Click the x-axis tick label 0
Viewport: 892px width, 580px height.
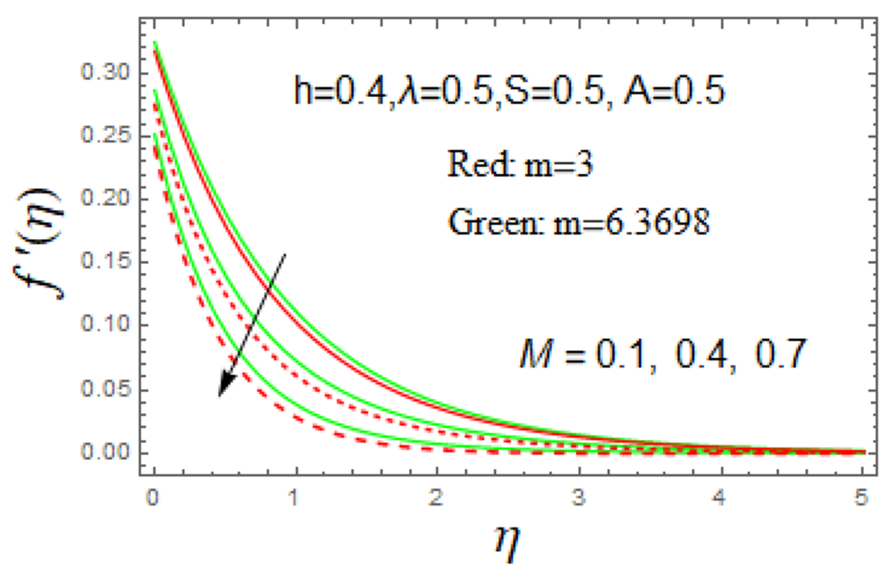[x=153, y=498]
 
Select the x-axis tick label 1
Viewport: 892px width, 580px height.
[x=295, y=498]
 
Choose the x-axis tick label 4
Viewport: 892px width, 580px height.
[x=720, y=498]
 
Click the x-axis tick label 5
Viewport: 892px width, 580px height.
[x=861, y=498]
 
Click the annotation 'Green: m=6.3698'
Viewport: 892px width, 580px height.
[x=579, y=222]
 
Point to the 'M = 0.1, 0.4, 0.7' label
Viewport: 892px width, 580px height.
[x=662, y=354]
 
